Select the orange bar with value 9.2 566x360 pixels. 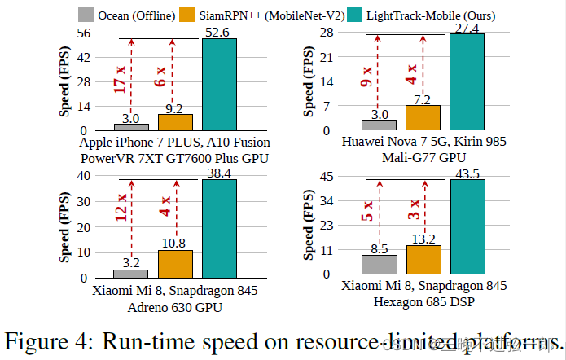[175, 122]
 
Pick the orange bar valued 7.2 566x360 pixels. [423, 118]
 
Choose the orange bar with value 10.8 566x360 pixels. [175, 264]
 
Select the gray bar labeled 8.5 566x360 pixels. [379, 266]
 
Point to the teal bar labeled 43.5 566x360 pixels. [467, 229]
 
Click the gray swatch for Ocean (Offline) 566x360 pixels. [86, 14]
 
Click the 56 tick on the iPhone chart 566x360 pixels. [83, 33]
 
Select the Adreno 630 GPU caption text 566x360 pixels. [175, 307]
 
